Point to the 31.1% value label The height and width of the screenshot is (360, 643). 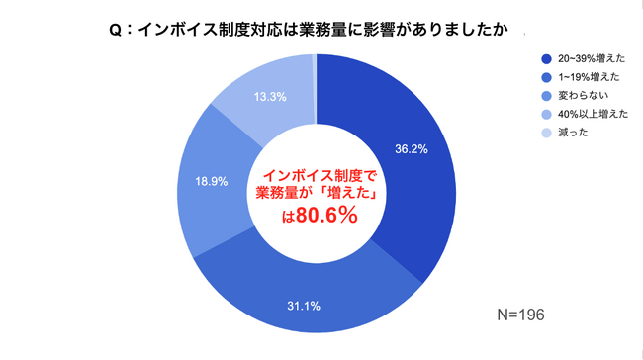tap(304, 304)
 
